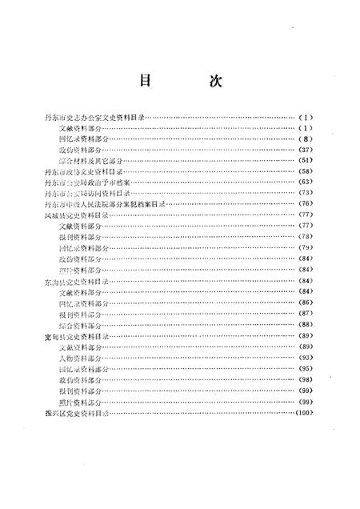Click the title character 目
click(x=145, y=82)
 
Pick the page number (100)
click(x=306, y=413)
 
